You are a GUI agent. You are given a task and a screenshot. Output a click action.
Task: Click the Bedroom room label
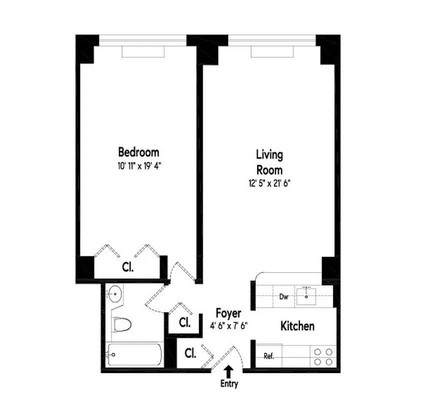138,151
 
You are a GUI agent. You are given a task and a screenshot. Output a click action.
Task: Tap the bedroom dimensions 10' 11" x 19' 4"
138,164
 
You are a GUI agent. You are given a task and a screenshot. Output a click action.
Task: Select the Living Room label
269,161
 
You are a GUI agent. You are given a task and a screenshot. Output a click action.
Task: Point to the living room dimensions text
269,183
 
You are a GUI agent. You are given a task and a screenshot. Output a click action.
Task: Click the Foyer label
228,313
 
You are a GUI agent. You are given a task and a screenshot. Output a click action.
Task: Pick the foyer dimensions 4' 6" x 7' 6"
228,325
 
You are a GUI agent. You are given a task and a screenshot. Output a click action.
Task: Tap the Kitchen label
297,326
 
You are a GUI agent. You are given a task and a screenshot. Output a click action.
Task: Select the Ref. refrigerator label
268,356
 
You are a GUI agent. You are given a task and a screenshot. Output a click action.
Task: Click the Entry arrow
229,371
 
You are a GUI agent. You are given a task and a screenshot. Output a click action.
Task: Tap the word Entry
229,384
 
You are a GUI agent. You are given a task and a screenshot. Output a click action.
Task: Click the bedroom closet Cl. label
128,267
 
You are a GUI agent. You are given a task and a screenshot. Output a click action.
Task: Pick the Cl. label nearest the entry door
190,353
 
